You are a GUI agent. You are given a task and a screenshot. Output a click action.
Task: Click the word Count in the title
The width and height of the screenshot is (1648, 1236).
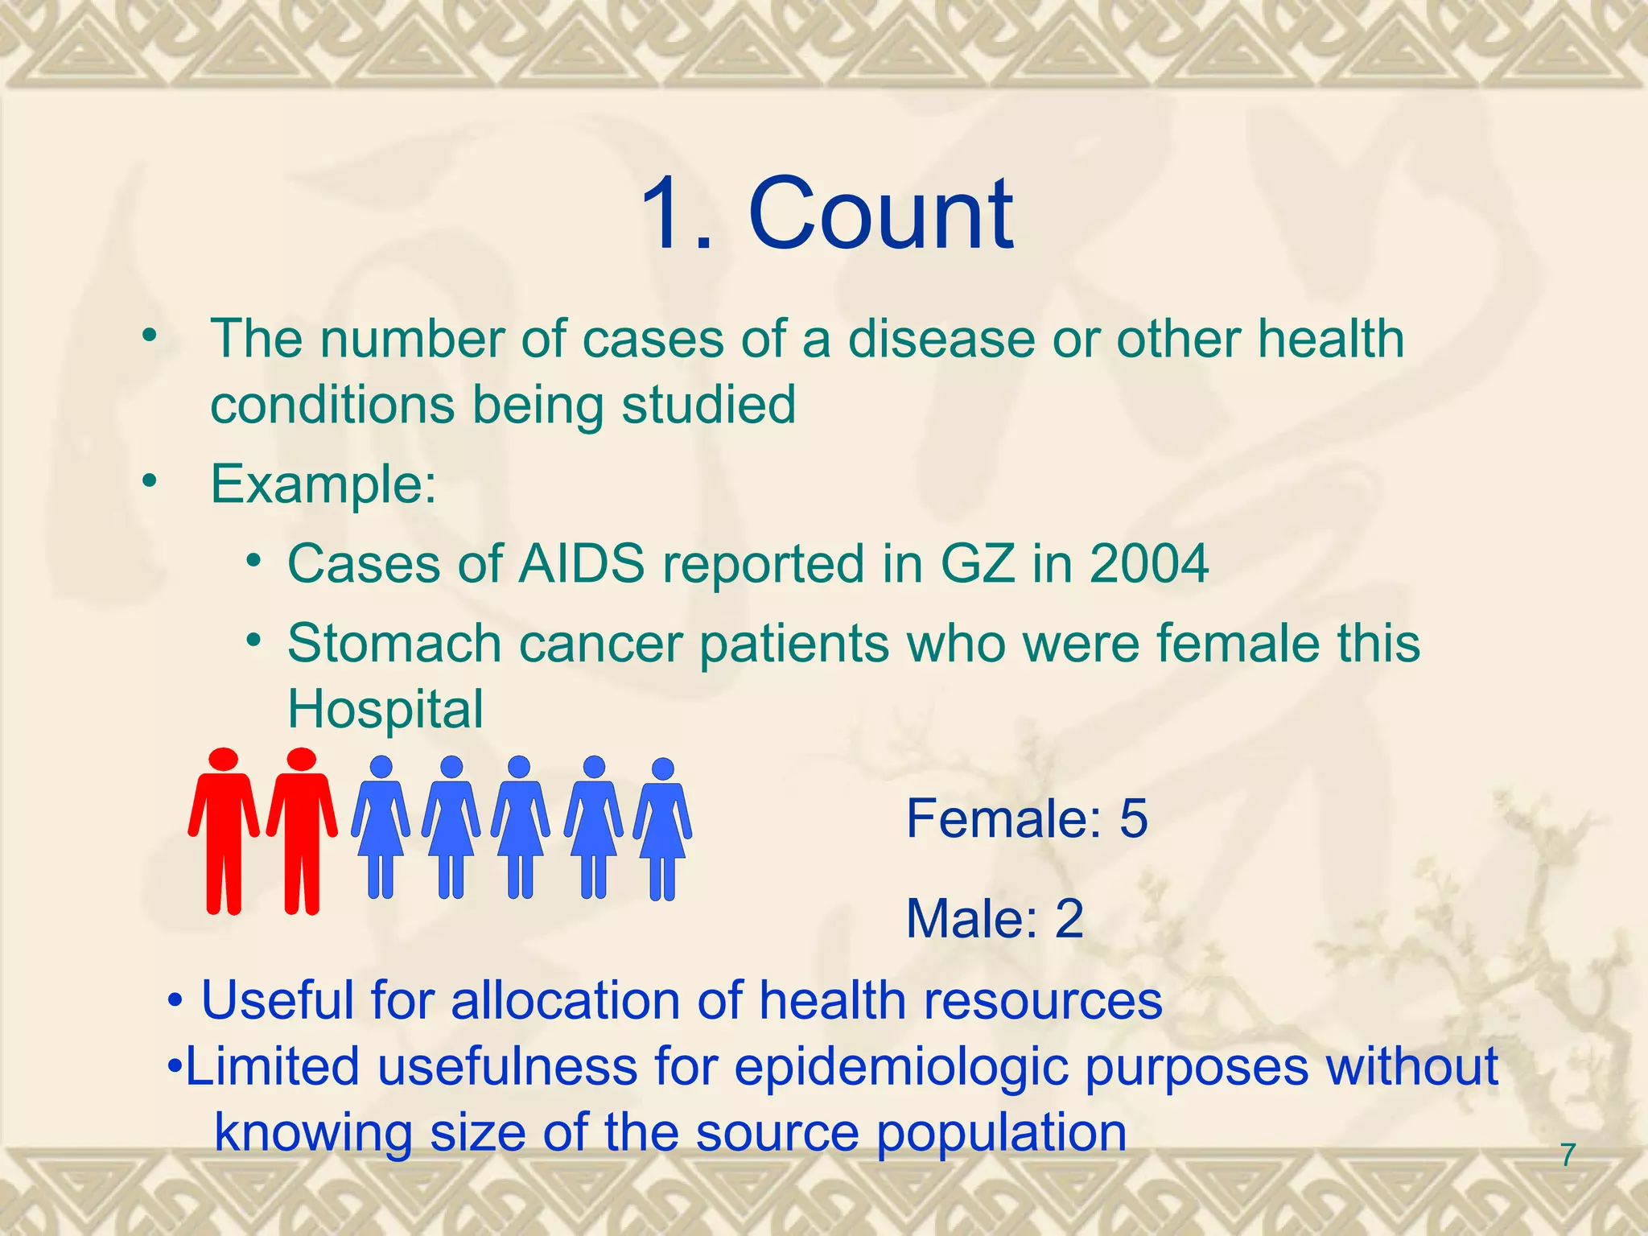pos(880,214)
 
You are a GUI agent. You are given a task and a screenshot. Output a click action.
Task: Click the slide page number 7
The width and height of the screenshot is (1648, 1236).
pos(1568,1155)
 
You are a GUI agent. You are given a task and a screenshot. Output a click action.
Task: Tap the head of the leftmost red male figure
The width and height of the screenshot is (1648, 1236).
pos(223,760)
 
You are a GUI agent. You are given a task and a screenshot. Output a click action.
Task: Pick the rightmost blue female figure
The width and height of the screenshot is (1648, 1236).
pos(662,829)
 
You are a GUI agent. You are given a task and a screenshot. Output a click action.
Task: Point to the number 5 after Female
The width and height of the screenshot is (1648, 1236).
pos(1133,818)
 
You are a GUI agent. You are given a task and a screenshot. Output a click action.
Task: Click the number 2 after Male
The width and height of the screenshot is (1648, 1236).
pos(1069,918)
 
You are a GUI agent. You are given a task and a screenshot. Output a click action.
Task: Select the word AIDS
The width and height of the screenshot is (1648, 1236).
pos(581,563)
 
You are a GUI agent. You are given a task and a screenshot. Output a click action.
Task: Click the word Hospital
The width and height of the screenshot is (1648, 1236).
pos(385,710)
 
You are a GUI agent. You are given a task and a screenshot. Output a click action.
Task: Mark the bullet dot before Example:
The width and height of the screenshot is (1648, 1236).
pos(149,481)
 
